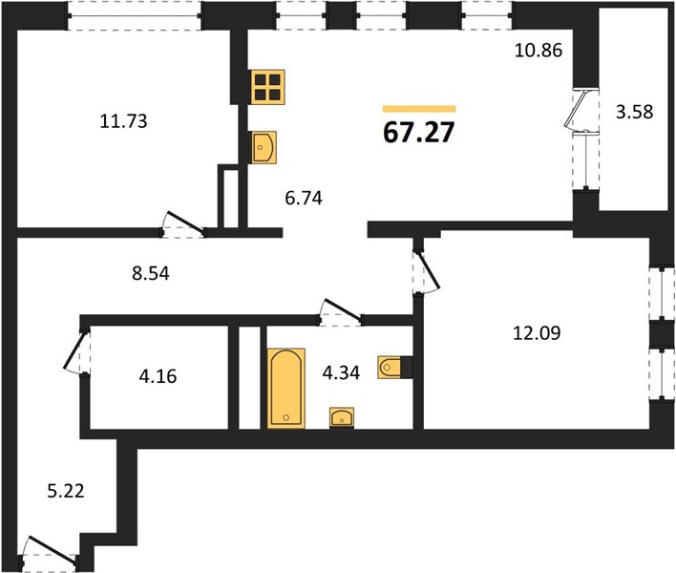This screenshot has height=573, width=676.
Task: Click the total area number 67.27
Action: [x=418, y=132]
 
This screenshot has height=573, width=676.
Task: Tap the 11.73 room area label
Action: [x=123, y=121]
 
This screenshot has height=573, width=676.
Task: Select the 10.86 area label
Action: [x=539, y=51]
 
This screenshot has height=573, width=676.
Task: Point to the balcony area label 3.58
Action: [x=634, y=112]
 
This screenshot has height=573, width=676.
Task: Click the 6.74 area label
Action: [x=304, y=199]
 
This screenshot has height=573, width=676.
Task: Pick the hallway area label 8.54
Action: [x=151, y=273]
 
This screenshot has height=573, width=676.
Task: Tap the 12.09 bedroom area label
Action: [x=537, y=333]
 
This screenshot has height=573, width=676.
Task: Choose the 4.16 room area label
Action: [x=158, y=376]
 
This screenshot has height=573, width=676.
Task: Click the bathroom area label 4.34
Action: [x=341, y=372]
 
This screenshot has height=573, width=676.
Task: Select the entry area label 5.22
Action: [x=66, y=491]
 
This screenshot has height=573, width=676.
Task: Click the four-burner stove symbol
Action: [x=267, y=87]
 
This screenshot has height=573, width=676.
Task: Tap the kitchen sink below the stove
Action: [x=264, y=147]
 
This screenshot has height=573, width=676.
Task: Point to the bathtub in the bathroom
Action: [x=286, y=389]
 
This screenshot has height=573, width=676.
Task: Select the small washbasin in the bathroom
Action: [x=342, y=417]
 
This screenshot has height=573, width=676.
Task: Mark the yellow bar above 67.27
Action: [x=419, y=109]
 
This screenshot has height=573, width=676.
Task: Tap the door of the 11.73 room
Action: [x=185, y=223]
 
